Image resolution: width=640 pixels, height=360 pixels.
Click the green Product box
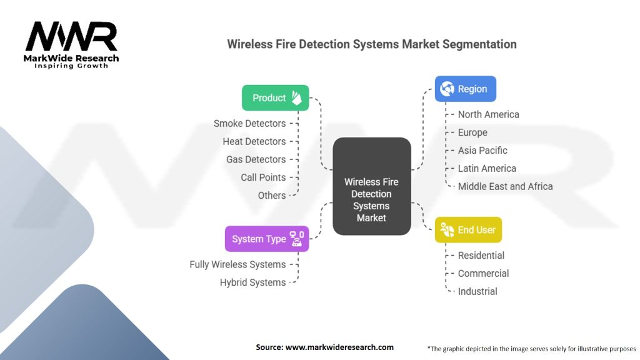point(275,98)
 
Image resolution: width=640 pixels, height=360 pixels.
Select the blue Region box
point(466,89)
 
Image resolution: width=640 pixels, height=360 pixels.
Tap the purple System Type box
point(267,239)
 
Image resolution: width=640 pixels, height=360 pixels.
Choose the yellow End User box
point(468,230)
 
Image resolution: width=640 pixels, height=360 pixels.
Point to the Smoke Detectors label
point(249,124)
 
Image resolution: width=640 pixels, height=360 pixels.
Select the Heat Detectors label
point(254,142)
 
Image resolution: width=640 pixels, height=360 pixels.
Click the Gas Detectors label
point(256,159)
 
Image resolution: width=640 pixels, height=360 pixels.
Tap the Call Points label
point(263,177)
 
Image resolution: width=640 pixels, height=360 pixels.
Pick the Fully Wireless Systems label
point(237,264)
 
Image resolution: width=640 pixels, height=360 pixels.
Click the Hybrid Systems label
point(252,282)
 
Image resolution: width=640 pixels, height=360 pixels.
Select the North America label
point(488,114)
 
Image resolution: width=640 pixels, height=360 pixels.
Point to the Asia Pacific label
point(482,151)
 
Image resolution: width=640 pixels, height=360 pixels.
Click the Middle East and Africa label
point(505,186)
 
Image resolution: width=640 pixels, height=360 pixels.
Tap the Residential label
point(481,256)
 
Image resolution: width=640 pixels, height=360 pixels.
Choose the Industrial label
point(477,291)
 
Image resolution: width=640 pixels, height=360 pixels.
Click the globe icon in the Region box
point(447,89)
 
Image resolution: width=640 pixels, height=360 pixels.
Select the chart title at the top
point(371,44)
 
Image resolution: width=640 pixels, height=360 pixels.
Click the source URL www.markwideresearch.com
point(340,347)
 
